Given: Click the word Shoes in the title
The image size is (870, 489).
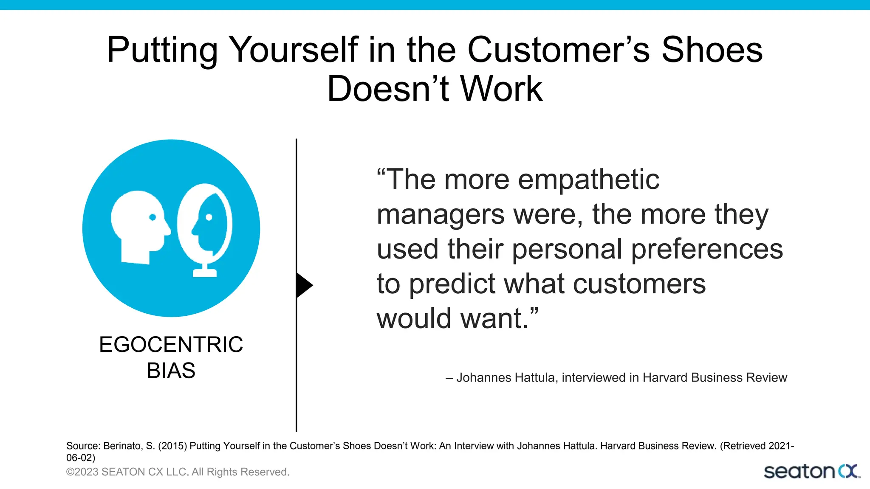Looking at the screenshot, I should click(712, 50).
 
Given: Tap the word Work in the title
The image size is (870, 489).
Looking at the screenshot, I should click(501, 89).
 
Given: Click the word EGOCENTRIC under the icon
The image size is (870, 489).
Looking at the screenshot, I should click(171, 344).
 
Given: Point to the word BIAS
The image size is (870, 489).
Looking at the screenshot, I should click(171, 371).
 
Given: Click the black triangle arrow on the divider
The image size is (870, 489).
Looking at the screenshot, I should click(303, 285).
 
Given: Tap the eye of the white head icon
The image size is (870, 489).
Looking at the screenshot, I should click(153, 217).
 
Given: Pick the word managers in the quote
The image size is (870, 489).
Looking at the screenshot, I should click(441, 214).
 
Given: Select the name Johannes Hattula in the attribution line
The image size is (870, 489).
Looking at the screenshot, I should click(506, 377).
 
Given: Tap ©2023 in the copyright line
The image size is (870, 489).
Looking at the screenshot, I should click(82, 472).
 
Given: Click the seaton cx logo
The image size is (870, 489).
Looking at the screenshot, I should click(811, 472).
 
